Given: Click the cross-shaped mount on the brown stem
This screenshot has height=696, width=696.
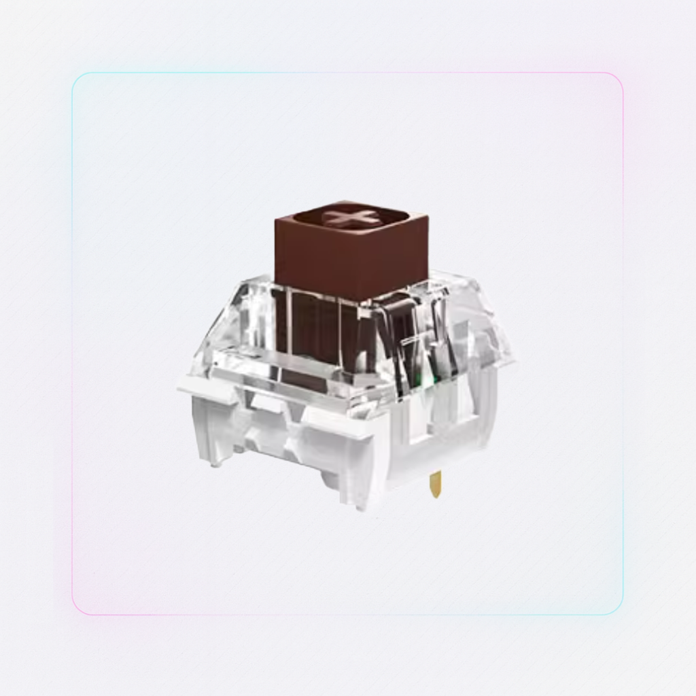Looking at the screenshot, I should tap(349, 218).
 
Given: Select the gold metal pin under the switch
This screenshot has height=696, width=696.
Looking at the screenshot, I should tap(435, 484).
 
